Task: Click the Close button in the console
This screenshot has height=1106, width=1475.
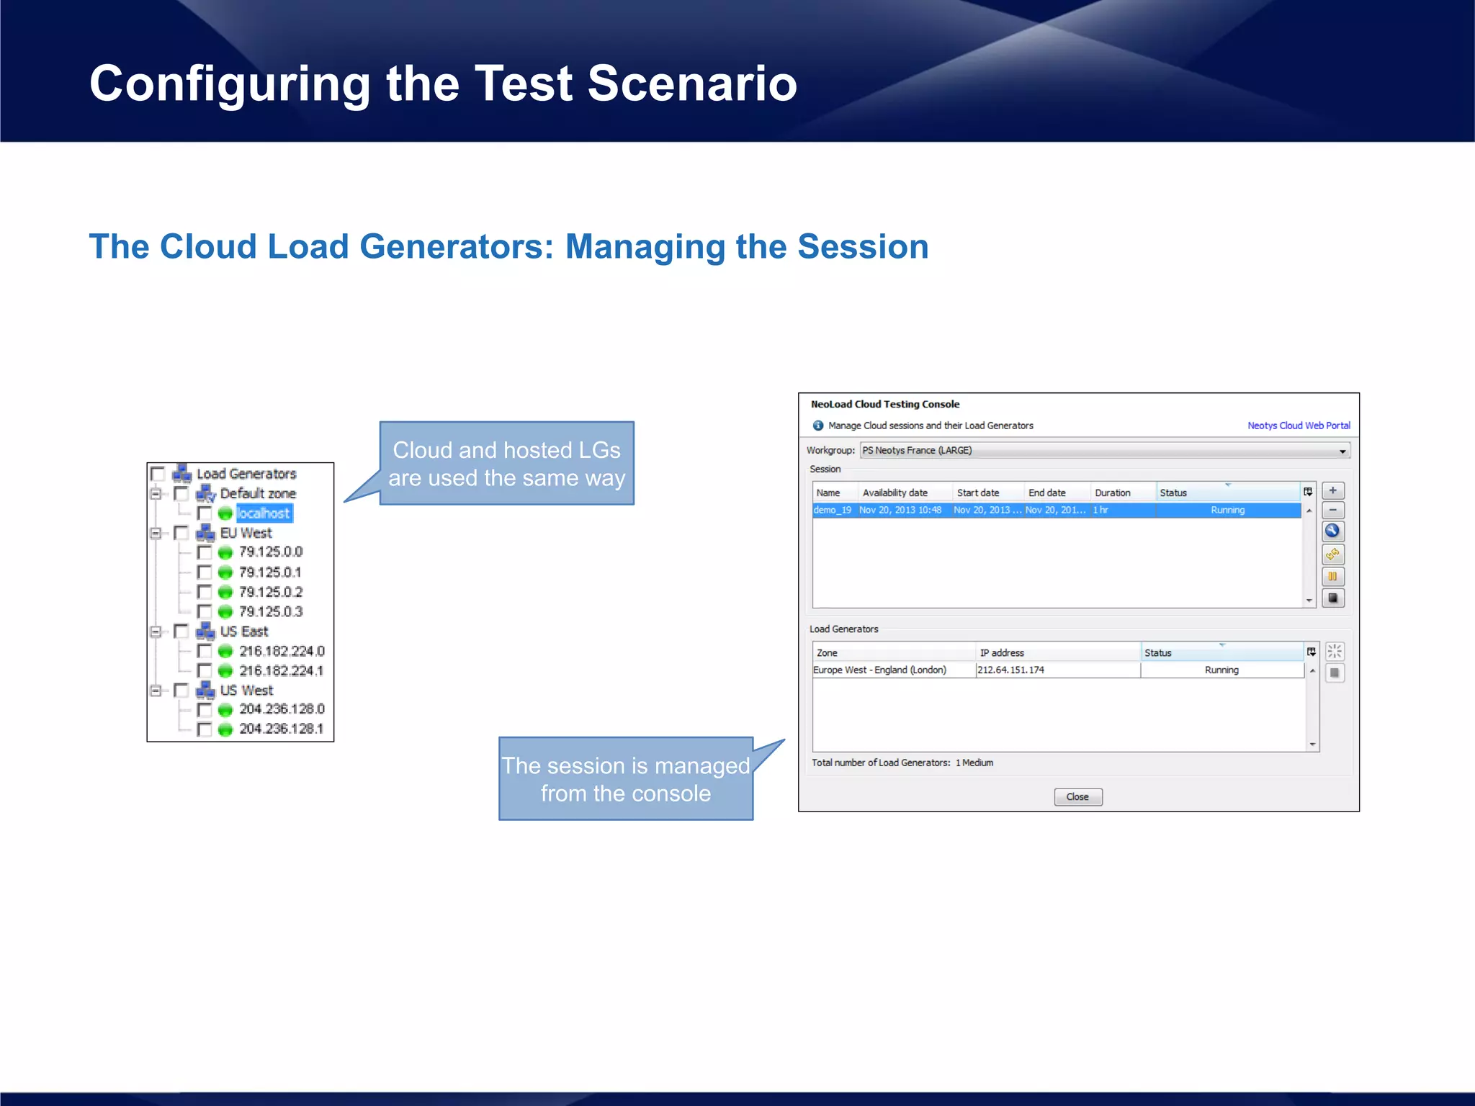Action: (1077, 796)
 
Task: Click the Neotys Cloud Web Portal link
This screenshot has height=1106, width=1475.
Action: (1298, 426)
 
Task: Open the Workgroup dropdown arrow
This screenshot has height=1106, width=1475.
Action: (1342, 451)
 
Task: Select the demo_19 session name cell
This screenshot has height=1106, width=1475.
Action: (832, 510)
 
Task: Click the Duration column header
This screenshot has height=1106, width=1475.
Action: (1112, 493)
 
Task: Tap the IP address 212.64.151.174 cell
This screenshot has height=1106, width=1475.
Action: (1010, 670)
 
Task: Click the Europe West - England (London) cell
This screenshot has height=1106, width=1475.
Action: (879, 670)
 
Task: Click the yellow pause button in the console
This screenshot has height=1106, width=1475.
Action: (1332, 576)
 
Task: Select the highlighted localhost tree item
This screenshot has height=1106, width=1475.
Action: (264, 513)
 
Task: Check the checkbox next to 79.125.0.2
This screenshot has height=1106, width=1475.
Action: (205, 592)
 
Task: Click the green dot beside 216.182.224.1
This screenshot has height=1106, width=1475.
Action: (225, 671)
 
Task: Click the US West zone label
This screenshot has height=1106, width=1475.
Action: (246, 690)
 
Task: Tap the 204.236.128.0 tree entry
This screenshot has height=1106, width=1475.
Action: (282, 709)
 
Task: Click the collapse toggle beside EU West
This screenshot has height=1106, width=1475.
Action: (156, 533)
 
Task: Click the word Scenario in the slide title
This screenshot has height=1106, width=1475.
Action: (692, 84)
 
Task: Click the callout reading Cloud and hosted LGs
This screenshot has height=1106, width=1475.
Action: (506, 464)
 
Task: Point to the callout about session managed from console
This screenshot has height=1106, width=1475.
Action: (625, 779)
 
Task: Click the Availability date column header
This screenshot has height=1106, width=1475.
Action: (895, 493)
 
